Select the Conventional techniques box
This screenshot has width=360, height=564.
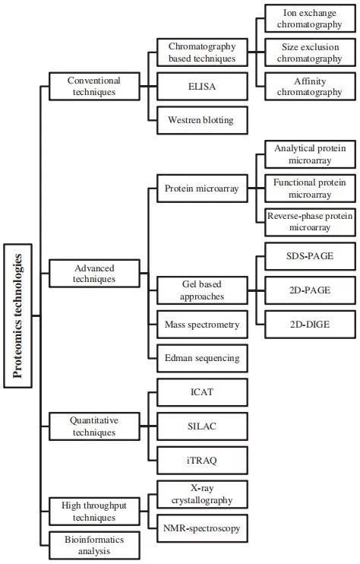tap(94, 85)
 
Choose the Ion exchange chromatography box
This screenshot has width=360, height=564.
tap(309, 18)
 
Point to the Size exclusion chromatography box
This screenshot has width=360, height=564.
tap(309, 52)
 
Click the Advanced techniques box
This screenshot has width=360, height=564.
tap(94, 273)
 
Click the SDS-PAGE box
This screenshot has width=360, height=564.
tap(309, 256)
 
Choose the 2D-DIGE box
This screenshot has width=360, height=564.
tap(309, 325)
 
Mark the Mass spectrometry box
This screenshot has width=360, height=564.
tap(202, 325)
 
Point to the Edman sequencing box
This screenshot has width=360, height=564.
tap(202, 358)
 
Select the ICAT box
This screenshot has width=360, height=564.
tap(202, 392)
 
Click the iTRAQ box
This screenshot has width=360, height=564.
tap(202, 460)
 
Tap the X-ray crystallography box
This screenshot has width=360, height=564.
tap(202, 493)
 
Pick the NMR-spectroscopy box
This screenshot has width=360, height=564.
tap(202, 528)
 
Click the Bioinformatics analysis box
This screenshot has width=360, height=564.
tap(94, 545)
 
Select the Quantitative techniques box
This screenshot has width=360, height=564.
tap(94, 426)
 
